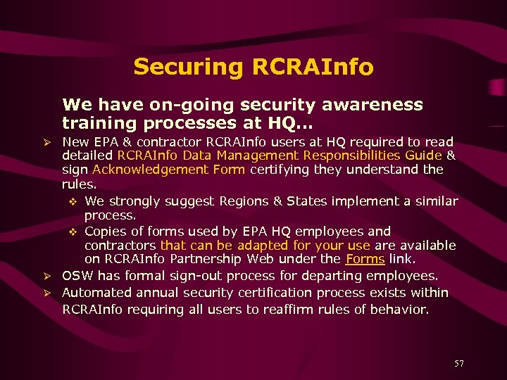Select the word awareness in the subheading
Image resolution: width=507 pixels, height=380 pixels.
pyautogui.click(x=369, y=105)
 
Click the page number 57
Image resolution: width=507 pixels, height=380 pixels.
pyautogui.click(x=458, y=363)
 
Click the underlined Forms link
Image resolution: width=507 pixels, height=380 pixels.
pyautogui.click(x=365, y=259)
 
